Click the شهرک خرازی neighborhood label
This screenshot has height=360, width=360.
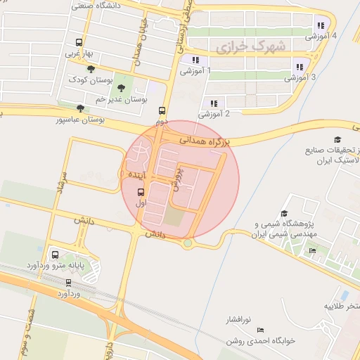click(250, 48)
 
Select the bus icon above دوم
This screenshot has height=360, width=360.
click(162, 110)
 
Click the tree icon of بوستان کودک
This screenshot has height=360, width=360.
click(91, 68)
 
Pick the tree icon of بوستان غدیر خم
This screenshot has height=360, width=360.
click(122, 88)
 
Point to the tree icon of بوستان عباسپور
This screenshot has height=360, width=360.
click(80, 108)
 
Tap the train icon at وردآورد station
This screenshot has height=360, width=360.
click(68, 282)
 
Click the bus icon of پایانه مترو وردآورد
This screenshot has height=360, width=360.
click(56, 255)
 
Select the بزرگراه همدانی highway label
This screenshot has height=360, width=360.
click(205, 141)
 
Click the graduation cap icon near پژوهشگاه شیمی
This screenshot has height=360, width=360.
click(285, 214)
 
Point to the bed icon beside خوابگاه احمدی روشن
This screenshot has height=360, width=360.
click(262, 330)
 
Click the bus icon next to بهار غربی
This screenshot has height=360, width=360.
click(77, 41)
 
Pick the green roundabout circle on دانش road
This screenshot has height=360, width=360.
click(188, 243)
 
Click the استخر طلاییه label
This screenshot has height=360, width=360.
click(342, 307)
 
